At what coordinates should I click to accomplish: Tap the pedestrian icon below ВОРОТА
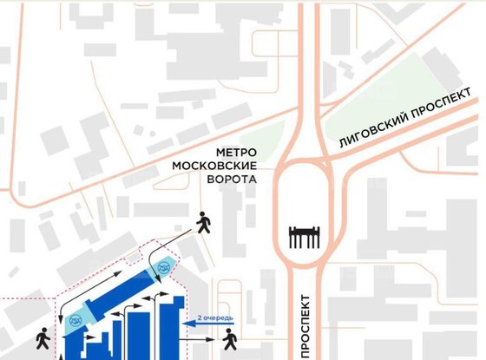pyautogui.click(x=205, y=223)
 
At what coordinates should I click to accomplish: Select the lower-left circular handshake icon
pyautogui.click(x=75, y=323)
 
